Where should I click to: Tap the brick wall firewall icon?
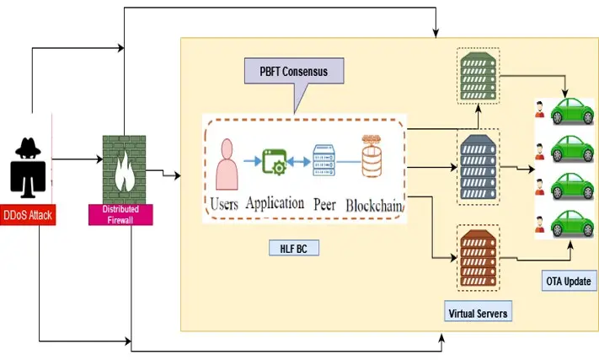tap(122, 168)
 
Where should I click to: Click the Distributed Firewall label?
tap(120, 214)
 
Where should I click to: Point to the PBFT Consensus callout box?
tap(294, 73)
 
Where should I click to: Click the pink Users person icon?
tap(225, 163)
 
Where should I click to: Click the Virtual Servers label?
tap(479, 313)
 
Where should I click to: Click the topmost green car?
tap(572, 113)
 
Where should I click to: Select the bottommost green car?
tap(572, 223)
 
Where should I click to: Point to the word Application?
tap(275, 203)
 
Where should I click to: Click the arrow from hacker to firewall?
tap(76, 158)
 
